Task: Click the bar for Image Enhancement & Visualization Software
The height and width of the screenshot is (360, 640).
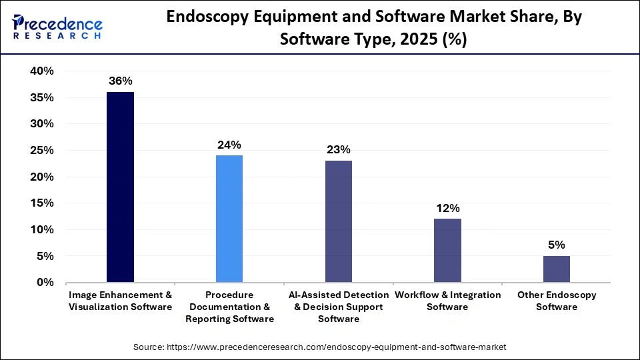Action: (120, 187)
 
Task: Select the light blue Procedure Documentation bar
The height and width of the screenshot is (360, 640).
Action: (229, 219)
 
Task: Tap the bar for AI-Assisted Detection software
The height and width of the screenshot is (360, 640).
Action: (339, 221)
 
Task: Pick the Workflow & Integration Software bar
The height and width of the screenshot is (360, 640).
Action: (447, 251)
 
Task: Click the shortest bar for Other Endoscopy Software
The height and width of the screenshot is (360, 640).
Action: (557, 269)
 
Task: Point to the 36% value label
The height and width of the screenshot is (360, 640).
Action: (120, 81)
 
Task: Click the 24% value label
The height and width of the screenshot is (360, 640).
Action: (229, 144)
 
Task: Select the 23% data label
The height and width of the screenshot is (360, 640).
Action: (339, 149)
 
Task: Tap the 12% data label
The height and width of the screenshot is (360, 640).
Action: (447, 207)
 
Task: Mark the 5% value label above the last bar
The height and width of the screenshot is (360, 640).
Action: (557, 245)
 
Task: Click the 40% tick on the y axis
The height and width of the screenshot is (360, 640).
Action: (42, 71)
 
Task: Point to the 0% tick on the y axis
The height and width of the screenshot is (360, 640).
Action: (45, 283)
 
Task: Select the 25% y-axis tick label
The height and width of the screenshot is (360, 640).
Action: (42, 151)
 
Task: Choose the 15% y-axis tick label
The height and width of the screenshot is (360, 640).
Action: (42, 203)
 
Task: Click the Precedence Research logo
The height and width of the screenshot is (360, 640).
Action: (56, 27)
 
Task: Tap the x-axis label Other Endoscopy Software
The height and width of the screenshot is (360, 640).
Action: (557, 301)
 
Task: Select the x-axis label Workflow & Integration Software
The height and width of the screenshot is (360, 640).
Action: (447, 301)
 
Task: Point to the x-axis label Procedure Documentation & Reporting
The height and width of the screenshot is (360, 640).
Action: (229, 307)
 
